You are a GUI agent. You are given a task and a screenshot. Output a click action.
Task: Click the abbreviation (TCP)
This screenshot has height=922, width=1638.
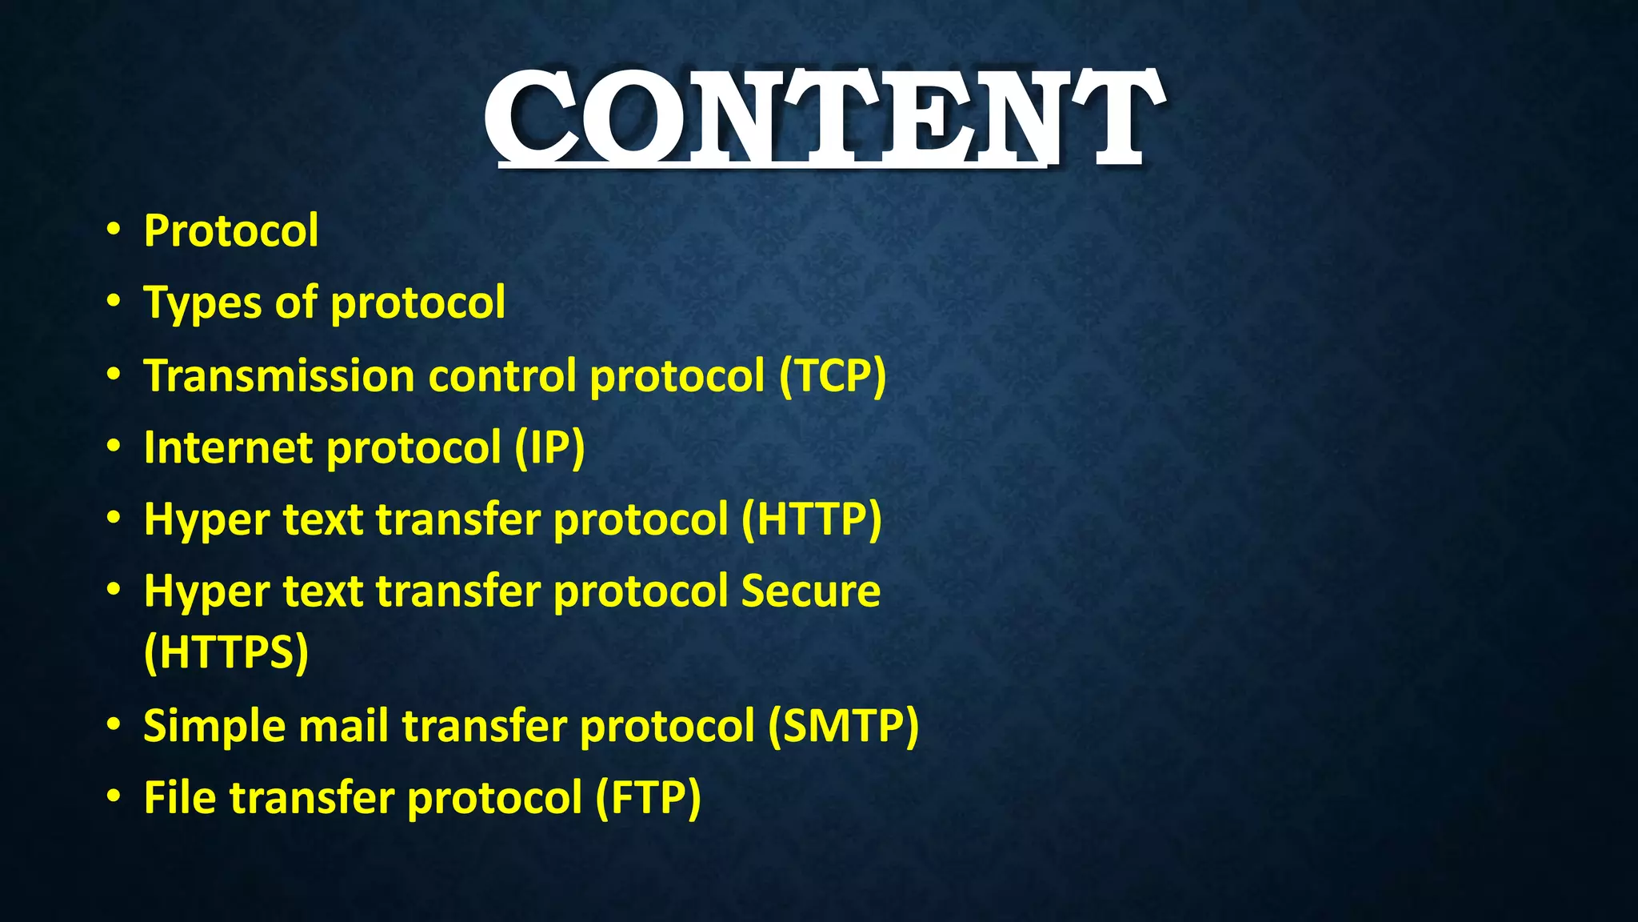(x=833, y=376)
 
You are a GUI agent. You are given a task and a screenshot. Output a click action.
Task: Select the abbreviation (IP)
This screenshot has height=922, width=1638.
(x=549, y=448)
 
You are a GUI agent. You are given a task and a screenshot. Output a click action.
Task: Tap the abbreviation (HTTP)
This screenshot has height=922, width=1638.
(x=811, y=520)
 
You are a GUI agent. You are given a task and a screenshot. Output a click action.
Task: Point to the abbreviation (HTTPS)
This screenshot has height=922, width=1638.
(x=226, y=653)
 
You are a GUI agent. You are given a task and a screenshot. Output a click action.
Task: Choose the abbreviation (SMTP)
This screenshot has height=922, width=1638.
(x=843, y=727)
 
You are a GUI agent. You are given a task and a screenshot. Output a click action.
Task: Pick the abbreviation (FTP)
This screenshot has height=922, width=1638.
(x=648, y=799)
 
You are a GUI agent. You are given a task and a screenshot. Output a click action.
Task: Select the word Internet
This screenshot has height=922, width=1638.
(x=228, y=448)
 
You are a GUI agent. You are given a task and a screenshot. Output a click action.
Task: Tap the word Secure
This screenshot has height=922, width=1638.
(x=809, y=592)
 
